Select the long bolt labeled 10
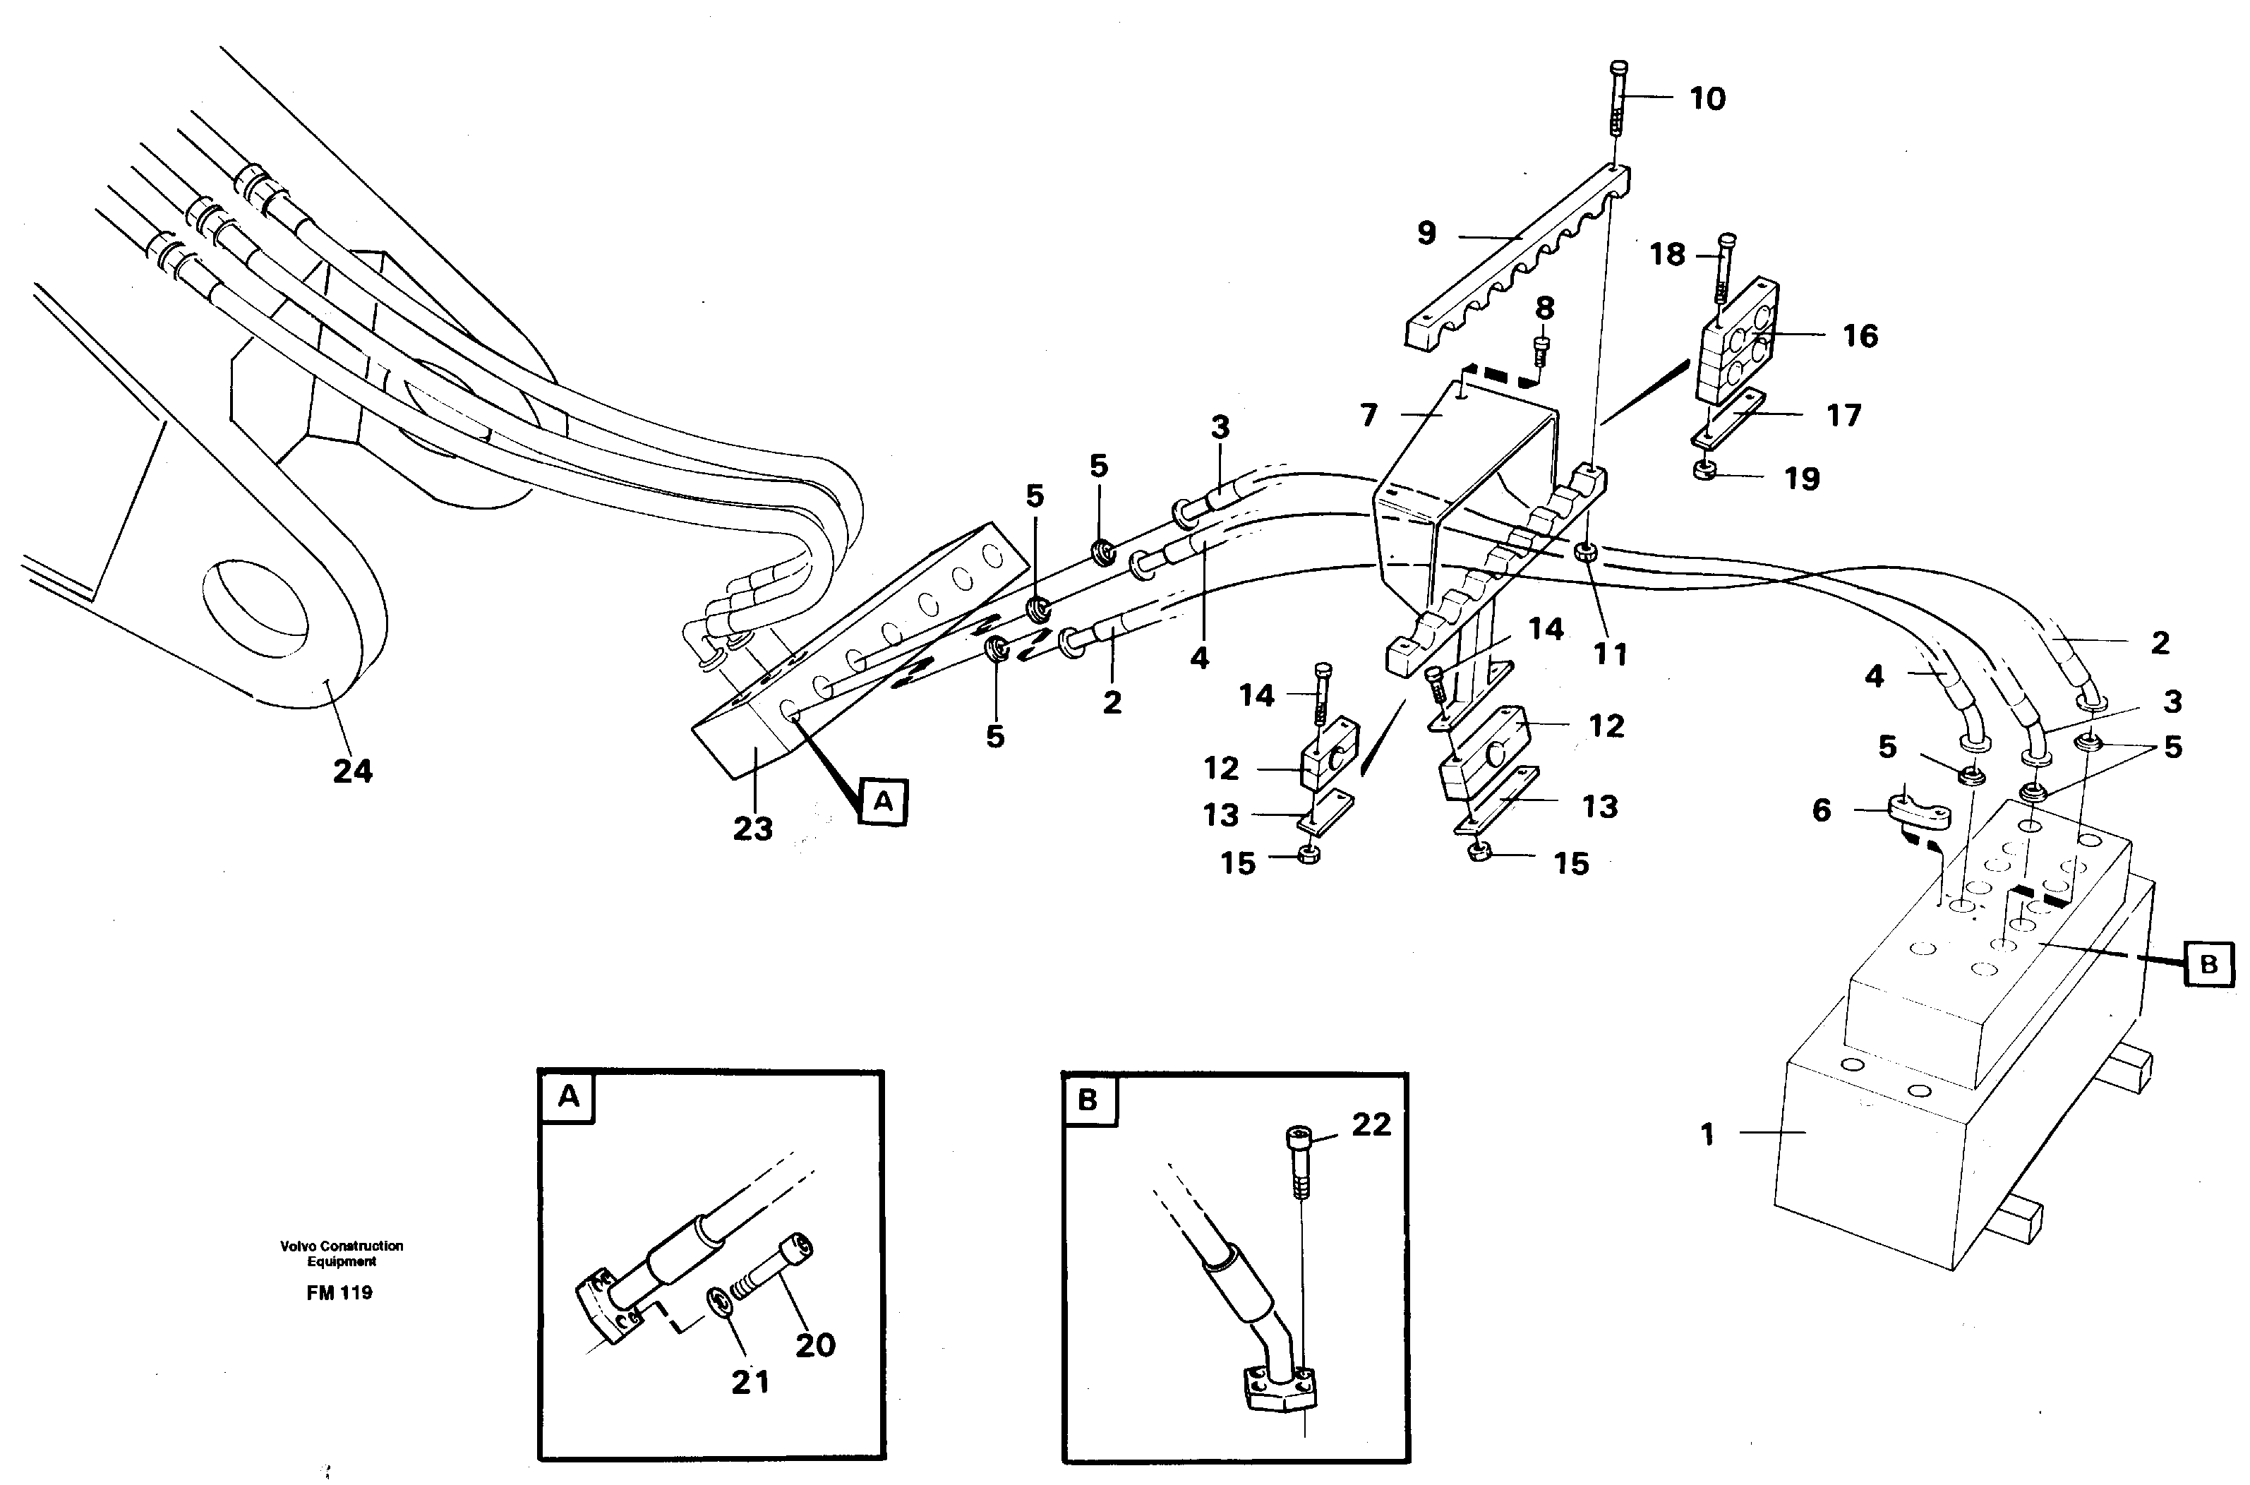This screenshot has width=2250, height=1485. coord(1618,104)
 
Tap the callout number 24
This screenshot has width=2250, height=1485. coord(352,771)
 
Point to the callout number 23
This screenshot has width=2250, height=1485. coord(753,829)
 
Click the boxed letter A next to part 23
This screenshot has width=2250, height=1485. coord(883,802)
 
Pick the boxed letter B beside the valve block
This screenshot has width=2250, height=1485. coord(2208,964)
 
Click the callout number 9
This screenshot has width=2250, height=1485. coord(1426,233)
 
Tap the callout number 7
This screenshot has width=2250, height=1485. coord(1368,415)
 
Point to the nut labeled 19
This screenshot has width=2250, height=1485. coord(1704,470)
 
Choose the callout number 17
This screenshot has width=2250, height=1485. coord(1843,415)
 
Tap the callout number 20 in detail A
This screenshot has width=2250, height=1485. coord(815,1345)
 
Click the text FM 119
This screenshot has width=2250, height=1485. coord(339,1293)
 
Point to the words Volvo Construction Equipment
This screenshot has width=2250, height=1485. coord(341,1253)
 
